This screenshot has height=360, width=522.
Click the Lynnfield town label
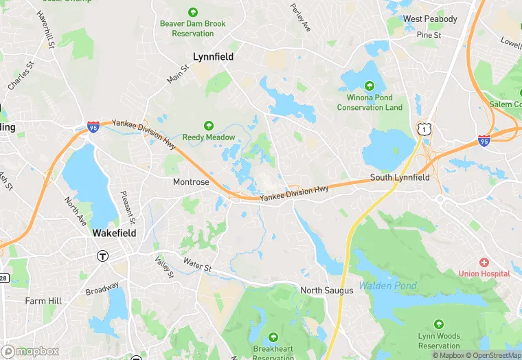pos(213,57)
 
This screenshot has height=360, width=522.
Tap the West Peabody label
pos(430,19)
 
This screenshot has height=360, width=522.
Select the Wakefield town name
pos(114,233)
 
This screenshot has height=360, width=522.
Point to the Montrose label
pos(190,182)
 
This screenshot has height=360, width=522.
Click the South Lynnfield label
pos(400,177)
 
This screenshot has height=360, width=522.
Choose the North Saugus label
pos(326,291)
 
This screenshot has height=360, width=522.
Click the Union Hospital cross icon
pos(484,262)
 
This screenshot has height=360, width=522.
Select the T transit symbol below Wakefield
pos(102,256)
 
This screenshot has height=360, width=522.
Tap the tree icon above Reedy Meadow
pos(208,126)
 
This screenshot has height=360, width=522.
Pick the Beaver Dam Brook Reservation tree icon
pos(192,12)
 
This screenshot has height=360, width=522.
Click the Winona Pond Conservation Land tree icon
pos(370,86)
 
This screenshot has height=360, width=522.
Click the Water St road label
pos(196,263)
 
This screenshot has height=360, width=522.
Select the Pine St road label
pos(428,34)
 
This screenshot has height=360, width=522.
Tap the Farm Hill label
pos(43,301)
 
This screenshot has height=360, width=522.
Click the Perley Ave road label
pos(301,18)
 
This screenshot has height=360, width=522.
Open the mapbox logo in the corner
pos(31,351)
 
